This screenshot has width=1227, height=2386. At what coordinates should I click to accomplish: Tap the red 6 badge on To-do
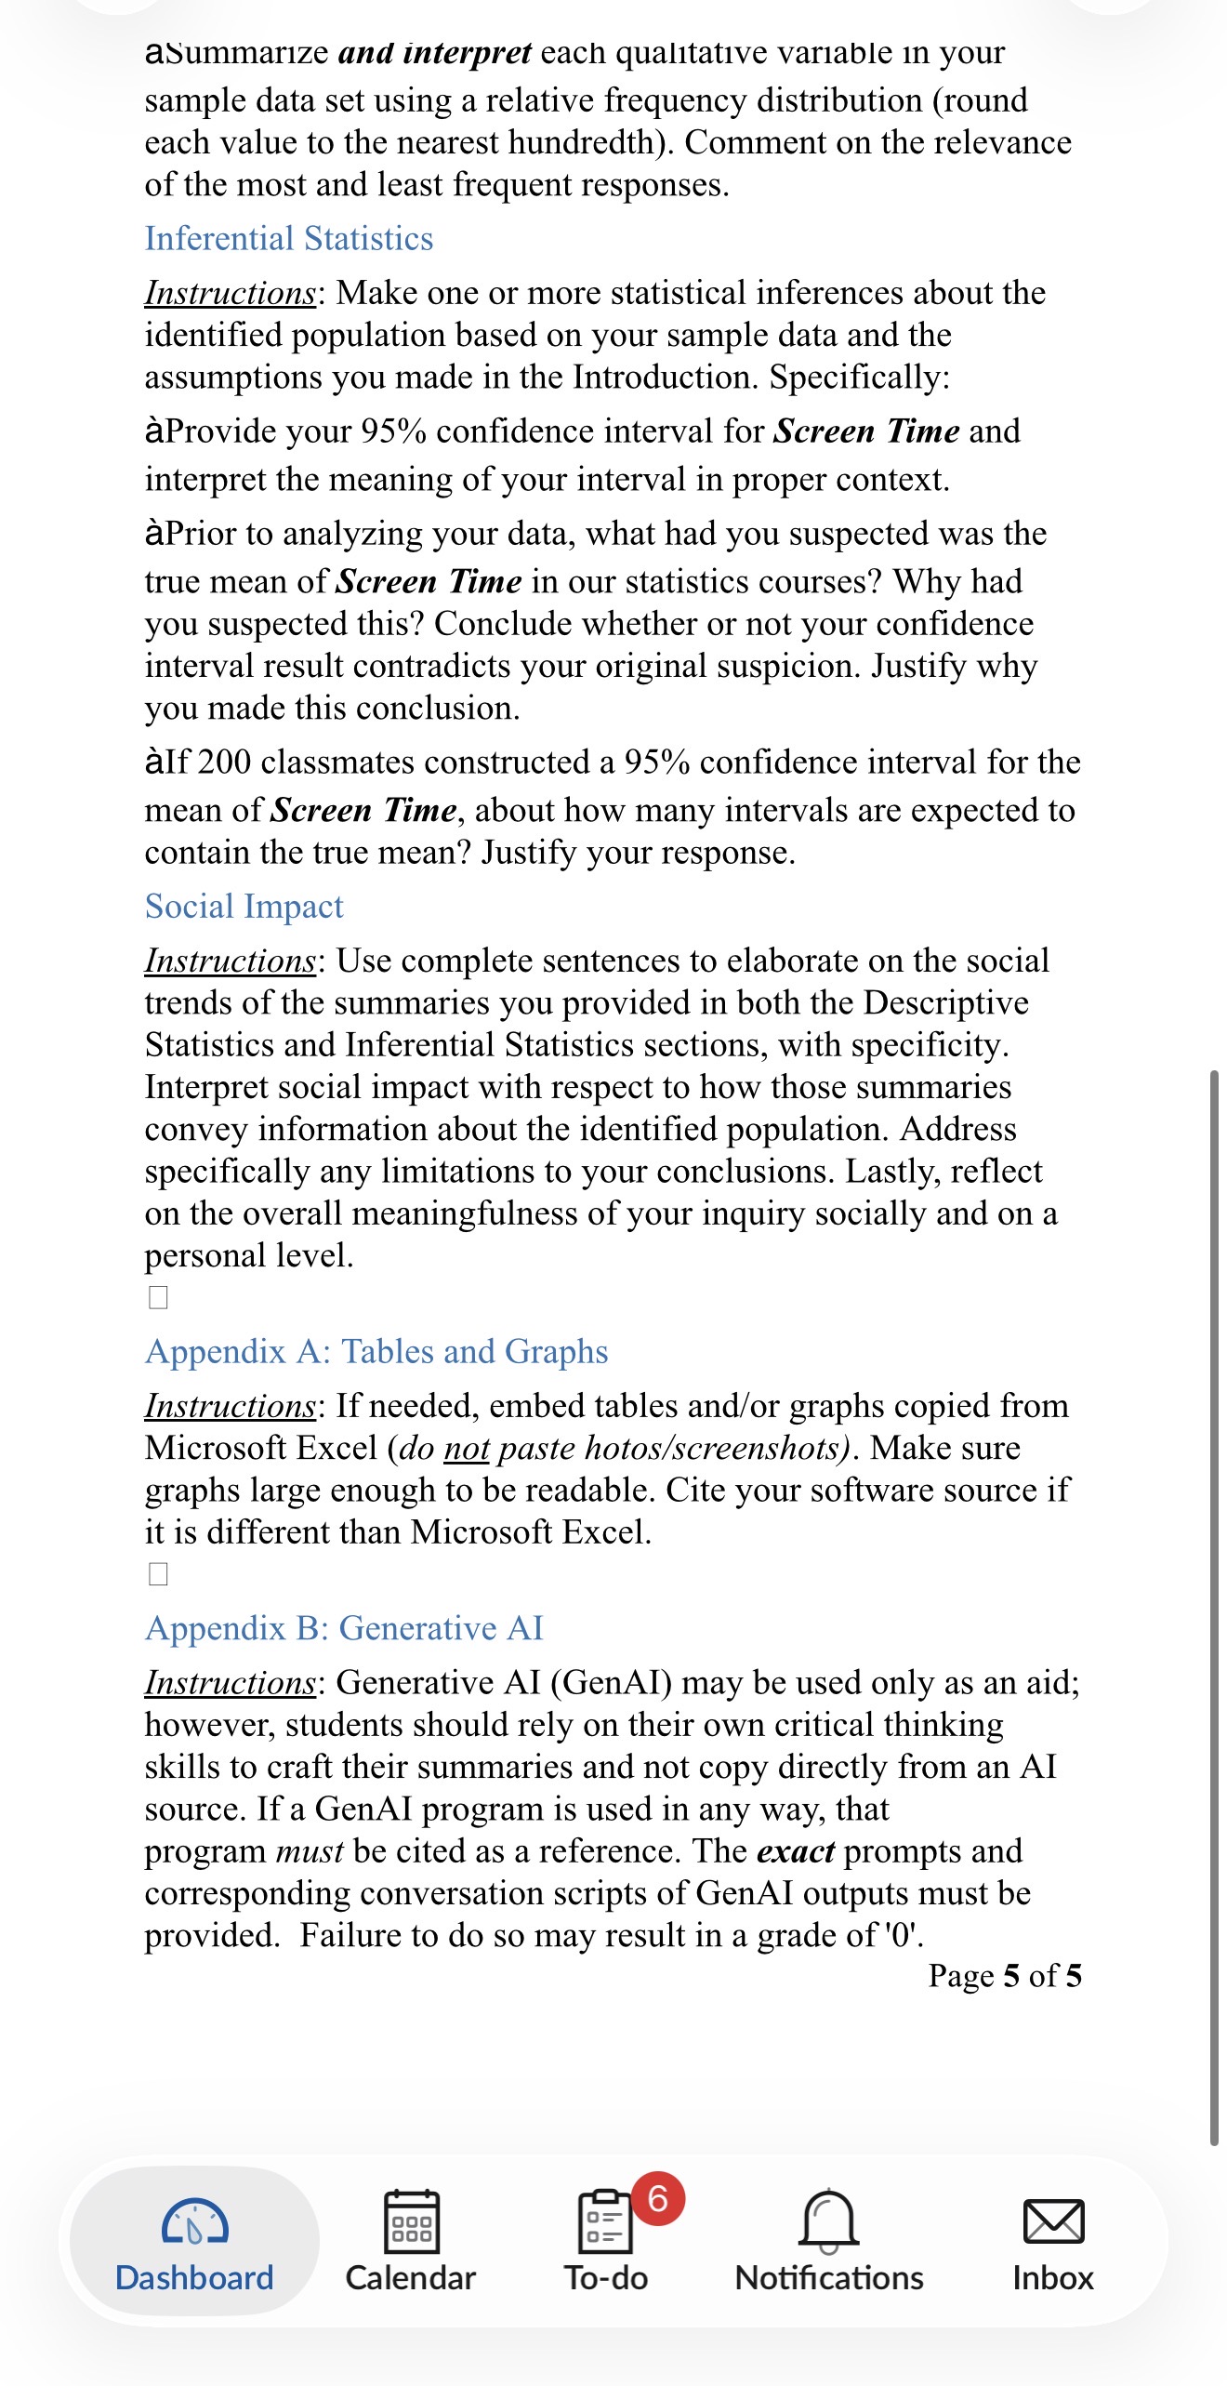(x=658, y=2198)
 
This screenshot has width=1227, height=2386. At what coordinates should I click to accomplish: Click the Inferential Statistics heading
(x=288, y=239)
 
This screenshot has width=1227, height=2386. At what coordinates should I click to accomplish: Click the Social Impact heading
(x=244, y=907)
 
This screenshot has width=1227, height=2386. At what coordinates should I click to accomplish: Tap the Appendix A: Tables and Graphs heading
(x=376, y=1352)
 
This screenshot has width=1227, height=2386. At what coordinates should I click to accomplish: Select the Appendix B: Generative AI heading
(x=344, y=1629)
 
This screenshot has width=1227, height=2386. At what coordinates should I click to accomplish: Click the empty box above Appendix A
(x=159, y=1297)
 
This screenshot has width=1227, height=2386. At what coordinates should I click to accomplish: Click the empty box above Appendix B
(x=159, y=1574)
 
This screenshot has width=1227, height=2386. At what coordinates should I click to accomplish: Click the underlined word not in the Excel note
(x=466, y=1449)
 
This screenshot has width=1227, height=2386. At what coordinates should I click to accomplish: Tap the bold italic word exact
(x=796, y=1851)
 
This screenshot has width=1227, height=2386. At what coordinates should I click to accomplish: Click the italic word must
(x=310, y=1851)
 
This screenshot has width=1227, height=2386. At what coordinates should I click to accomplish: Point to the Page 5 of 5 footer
(x=1004, y=1976)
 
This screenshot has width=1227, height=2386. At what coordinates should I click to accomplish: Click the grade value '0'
(x=901, y=1936)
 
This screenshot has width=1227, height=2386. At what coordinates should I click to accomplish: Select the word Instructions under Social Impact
(x=230, y=961)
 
